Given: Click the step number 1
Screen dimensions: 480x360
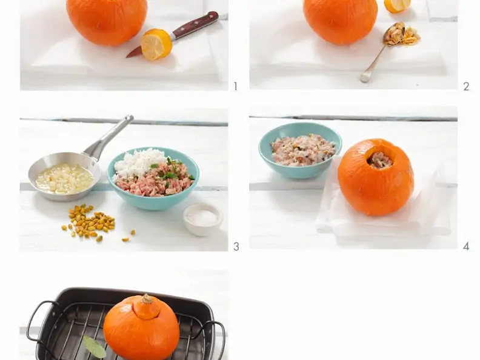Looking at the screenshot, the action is (235, 87).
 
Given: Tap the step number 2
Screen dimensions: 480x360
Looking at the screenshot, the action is (466, 87).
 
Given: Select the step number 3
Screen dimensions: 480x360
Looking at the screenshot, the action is (236, 247).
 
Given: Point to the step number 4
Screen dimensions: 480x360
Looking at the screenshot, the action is (466, 247).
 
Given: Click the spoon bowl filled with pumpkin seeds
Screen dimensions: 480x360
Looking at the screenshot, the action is (395, 34).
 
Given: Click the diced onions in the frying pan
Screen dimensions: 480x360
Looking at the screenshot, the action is (64, 179).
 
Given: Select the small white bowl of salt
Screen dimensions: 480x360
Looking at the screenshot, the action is (203, 219).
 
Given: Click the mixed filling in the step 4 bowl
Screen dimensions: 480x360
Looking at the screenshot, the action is (302, 150).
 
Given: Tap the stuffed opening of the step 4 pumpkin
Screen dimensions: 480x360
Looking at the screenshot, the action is (379, 159).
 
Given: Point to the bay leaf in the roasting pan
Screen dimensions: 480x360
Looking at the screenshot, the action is (95, 347).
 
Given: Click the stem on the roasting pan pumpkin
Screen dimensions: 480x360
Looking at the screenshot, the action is (147, 299).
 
